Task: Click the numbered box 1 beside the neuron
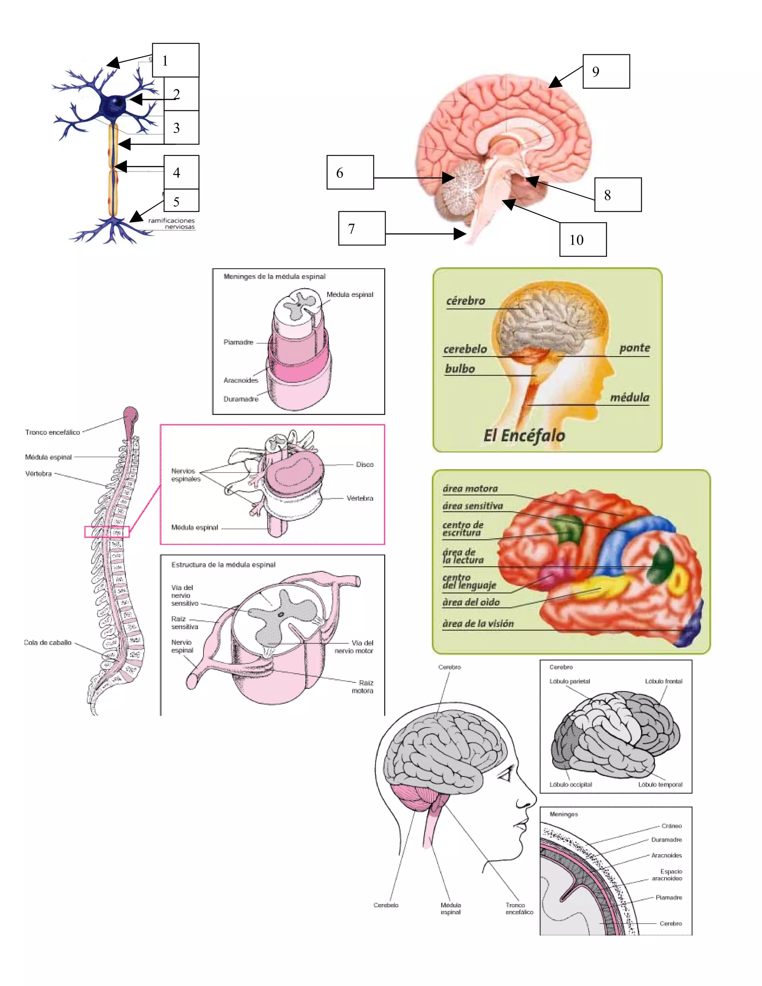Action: coord(175,60)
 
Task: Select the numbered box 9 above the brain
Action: coord(606,71)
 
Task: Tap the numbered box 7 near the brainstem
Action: coord(362,228)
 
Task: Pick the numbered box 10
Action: coord(583,239)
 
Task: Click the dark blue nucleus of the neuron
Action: coord(116,103)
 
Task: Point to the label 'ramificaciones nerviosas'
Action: coord(172,224)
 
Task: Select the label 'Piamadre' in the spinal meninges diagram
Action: coord(238,342)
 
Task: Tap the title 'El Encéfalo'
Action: coord(524,436)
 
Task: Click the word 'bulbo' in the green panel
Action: coord(460,369)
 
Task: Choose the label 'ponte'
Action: coord(634,348)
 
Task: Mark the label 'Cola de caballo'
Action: coord(48,643)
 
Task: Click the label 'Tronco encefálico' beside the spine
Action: coord(52,432)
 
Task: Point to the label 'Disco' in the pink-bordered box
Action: coord(364,465)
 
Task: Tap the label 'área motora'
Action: coord(470,489)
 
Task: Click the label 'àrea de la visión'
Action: coord(478,624)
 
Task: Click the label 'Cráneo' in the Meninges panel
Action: coord(671,826)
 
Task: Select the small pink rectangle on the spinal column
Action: coord(107,532)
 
